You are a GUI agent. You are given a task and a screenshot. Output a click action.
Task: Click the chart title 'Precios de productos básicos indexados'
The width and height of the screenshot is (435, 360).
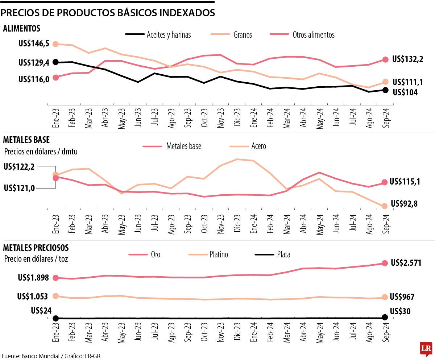click(x=108, y=13)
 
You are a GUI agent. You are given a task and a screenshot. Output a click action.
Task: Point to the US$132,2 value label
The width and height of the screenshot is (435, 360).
click(x=408, y=59)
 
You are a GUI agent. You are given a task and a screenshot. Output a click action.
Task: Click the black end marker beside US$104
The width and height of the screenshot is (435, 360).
click(x=385, y=90)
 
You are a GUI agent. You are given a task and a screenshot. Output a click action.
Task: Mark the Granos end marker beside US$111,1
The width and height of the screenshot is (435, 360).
click(x=385, y=82)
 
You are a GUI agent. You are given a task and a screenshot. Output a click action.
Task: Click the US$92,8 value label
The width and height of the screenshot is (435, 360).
click(x=404, y=204)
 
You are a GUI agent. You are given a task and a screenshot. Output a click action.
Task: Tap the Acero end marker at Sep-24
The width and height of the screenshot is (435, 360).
click(x=385, y=206)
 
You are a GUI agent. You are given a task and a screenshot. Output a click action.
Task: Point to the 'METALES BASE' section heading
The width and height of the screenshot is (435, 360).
click(x=26, y=140)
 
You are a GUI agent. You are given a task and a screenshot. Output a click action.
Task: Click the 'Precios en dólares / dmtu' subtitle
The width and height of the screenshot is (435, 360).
click(x=41, y=152)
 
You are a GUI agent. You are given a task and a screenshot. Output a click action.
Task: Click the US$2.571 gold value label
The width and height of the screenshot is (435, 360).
click(x=406, y=263)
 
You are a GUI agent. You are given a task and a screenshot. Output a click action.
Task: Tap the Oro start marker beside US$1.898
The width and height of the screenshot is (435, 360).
click(x=55, y=278)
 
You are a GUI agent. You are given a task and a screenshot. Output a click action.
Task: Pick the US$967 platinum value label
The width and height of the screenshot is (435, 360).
click(x=402, y=297)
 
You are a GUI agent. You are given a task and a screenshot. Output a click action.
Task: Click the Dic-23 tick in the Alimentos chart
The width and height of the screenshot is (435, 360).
click(x=237, y=117)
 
